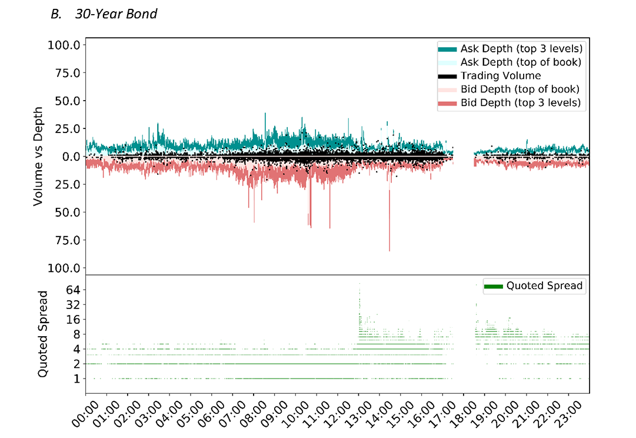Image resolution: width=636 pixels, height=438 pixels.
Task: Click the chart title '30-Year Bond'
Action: click(116, 13)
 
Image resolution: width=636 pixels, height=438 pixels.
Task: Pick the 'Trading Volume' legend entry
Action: click(500, 75)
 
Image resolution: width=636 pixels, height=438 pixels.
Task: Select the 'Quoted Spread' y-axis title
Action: click(43, 333)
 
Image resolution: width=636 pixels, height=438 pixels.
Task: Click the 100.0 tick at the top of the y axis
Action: click(66, 45)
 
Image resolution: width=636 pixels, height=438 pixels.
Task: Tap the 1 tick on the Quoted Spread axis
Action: click(76, 379)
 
